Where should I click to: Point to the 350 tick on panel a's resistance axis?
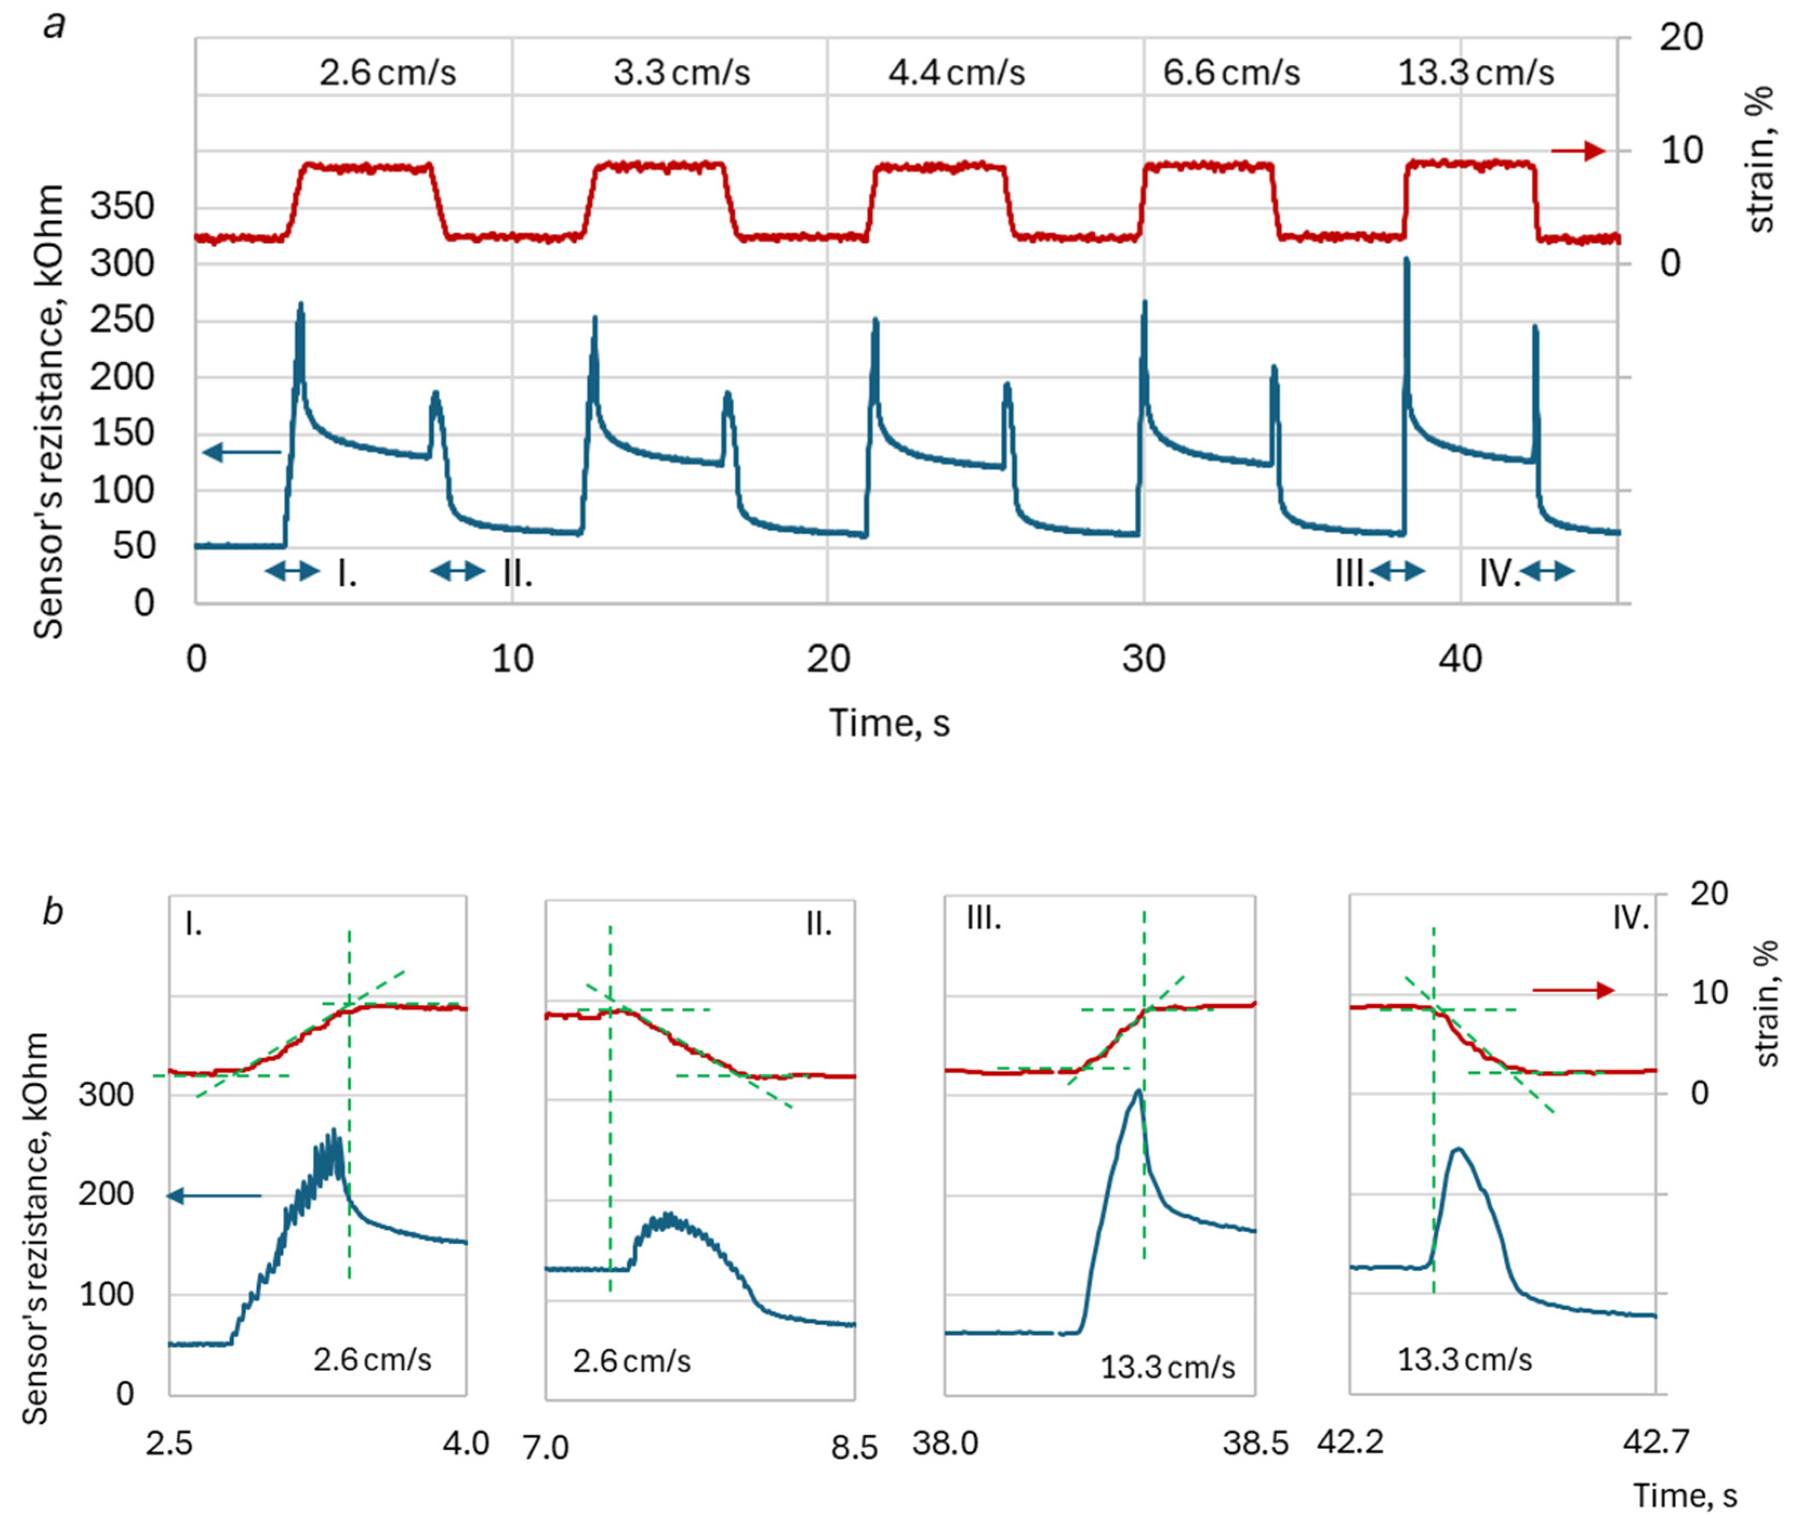click(x=122, y=207)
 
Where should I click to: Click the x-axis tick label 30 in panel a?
click(x=1143, y=659)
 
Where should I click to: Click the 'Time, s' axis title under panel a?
click(x=889, y=722)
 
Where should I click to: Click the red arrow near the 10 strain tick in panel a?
click(x=1579, y=151)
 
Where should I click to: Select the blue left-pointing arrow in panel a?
click(x=242, y=452)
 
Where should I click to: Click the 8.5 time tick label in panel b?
click(x=854, y=1448)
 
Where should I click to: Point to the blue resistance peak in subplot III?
click(x=1136, y=1092)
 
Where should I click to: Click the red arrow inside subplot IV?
click(x=1572, y=991)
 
